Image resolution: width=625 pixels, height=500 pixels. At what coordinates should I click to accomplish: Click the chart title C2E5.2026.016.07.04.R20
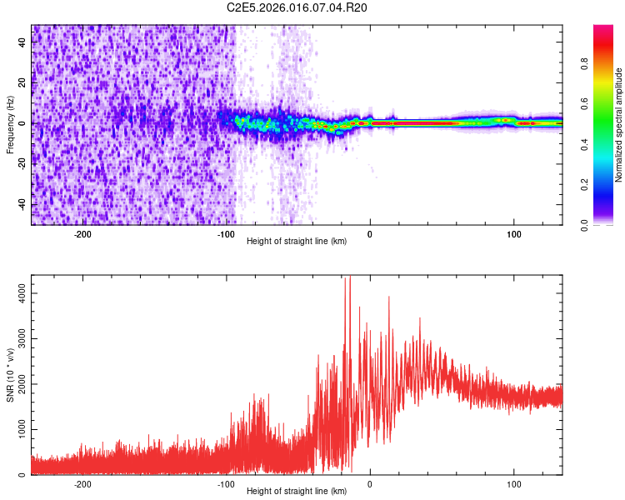pyautogui.click(x=297, y=7)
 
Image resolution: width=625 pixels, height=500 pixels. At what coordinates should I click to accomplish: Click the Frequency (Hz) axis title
pyautogui.click(x=10, y=125)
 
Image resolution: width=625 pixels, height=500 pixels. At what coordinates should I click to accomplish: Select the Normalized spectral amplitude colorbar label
pyautogui.click(x=619, y=125)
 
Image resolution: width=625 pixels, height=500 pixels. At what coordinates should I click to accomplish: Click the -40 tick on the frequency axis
pyautogui.click(x=22, y=205)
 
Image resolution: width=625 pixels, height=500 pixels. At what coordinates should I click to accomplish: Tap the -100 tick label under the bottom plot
pyautogui.click(x=226, y=484)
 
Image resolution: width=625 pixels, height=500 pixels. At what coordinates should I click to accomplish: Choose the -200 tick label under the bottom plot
pyautogui.click(x=82, y=484)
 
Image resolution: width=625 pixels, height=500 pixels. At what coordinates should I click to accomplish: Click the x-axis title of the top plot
pyautogui.click(x=297, y=242)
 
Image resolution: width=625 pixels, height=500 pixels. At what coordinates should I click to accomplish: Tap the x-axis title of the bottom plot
pyautogui.click(x=297, y=491)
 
